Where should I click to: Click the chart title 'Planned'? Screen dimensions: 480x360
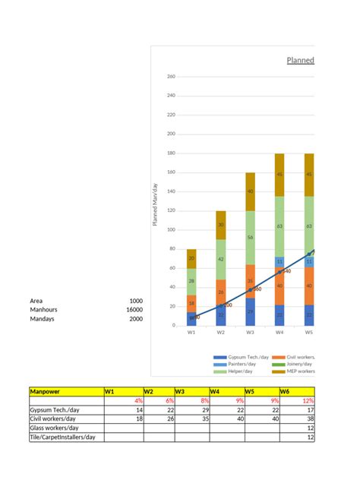point(300,60)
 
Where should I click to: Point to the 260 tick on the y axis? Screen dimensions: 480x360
point(170,77)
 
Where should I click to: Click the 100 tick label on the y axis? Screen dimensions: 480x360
point(170,229)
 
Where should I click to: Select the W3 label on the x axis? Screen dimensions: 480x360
point(250,332)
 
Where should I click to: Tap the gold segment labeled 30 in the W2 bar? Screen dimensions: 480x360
point(221,225)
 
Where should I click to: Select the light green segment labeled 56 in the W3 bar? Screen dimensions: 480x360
point(250,237)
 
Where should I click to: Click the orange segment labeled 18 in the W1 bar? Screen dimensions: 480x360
point(191,303)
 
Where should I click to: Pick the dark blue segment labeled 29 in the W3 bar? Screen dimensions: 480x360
point(250,311)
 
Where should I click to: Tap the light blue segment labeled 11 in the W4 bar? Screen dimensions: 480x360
point(279,262)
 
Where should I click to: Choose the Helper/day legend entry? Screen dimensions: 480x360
point(238,371)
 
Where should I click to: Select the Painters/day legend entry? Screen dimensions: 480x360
point(238,365)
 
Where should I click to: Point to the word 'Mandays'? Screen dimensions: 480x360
point(43,319)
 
